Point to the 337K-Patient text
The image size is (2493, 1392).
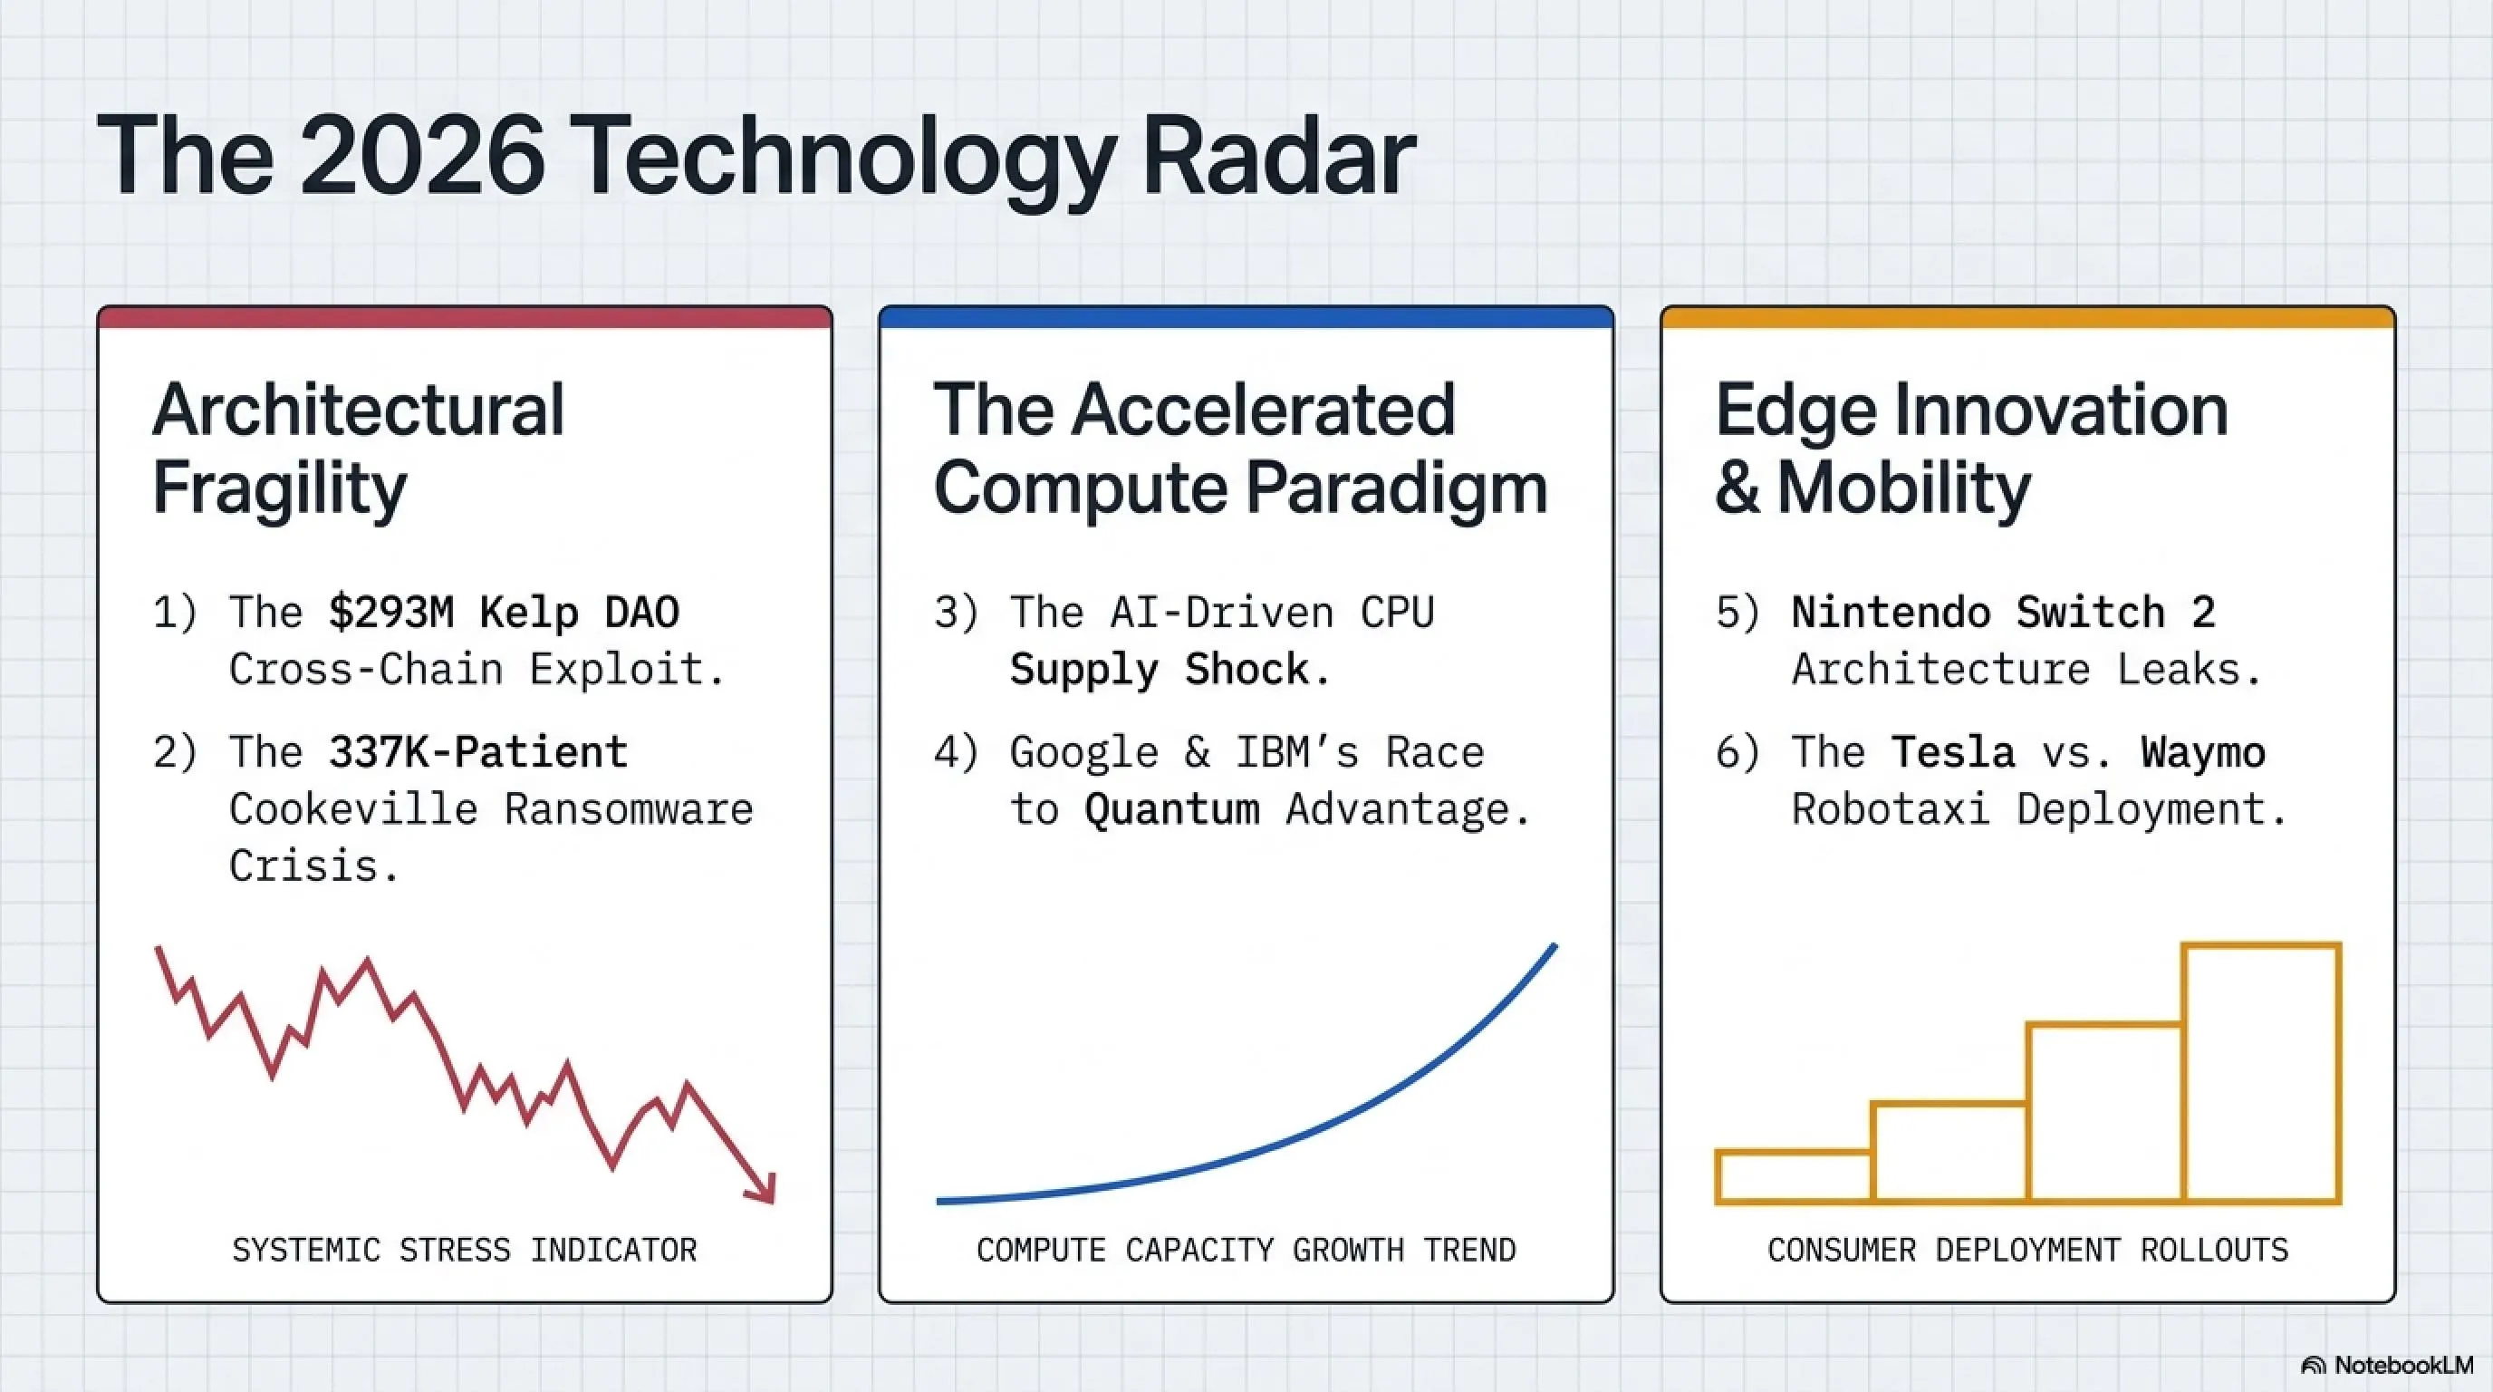pyautogui.click(x=478, y=752)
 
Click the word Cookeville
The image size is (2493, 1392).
pyautogui.click(x=353, y=809)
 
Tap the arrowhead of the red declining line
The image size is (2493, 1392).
pyautogui.click(x=763, y=1189)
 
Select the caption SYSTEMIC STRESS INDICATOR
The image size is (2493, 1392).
pyautogui.click(x=465, y=1250)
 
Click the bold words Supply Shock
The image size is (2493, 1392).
pyautogui.click(x=1160, y=670)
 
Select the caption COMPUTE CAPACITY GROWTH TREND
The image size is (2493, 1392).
pyautogui.click(x=1246, y=1250)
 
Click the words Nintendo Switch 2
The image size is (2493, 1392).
pyautogui.click(x=2003, y=613)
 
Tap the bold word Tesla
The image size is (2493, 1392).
pyautogui.click(x=1954, y=752)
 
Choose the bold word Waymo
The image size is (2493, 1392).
pyautogui.click(x=2204, y=752)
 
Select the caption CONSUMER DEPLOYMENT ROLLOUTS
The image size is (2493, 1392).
pyautogui.click(x=2028, y=1250)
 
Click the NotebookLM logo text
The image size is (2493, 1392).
pyautogui.click(x=2404, y=1365)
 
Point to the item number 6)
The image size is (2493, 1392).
pyautogui.click(x=1738, y=752)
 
